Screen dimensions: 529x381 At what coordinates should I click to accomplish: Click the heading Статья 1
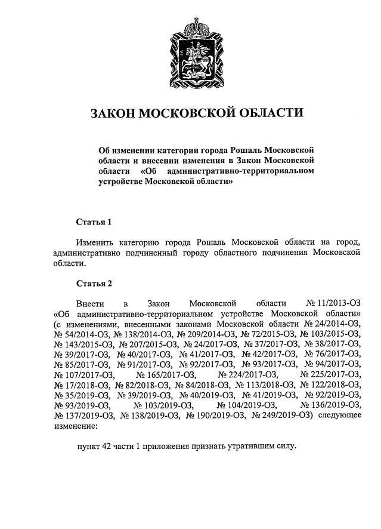pyautogui.click(x=94, y=222)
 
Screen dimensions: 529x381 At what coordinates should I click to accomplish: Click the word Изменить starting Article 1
pyautogui.click(x=97, y=242)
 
